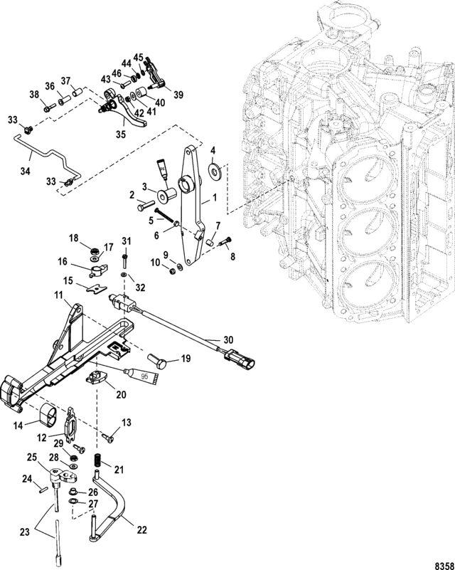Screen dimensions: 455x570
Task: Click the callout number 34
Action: pyautogui.click(x=25, y=171)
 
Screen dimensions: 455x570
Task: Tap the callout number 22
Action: pyautogui.click(x=141, y=530)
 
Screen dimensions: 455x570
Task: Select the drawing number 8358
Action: pyautogui.click(x=444, y=566)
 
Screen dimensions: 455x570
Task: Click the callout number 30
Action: pyautogui.click(x=228, y=340)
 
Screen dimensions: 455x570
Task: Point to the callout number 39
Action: pyautogui.click(x=178, y=95)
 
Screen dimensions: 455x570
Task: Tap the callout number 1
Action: pyautogui.click(x=214, y=198)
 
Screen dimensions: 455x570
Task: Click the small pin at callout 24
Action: pyautogui.click(x=42, y=490)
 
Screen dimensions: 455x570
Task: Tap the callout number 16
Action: pyautogui.click(x=62, y=261)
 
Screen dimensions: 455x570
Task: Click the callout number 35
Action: pyautogui.click(x=121, y=134)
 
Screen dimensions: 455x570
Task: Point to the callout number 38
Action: pyautogui.click(x=35, y=95)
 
